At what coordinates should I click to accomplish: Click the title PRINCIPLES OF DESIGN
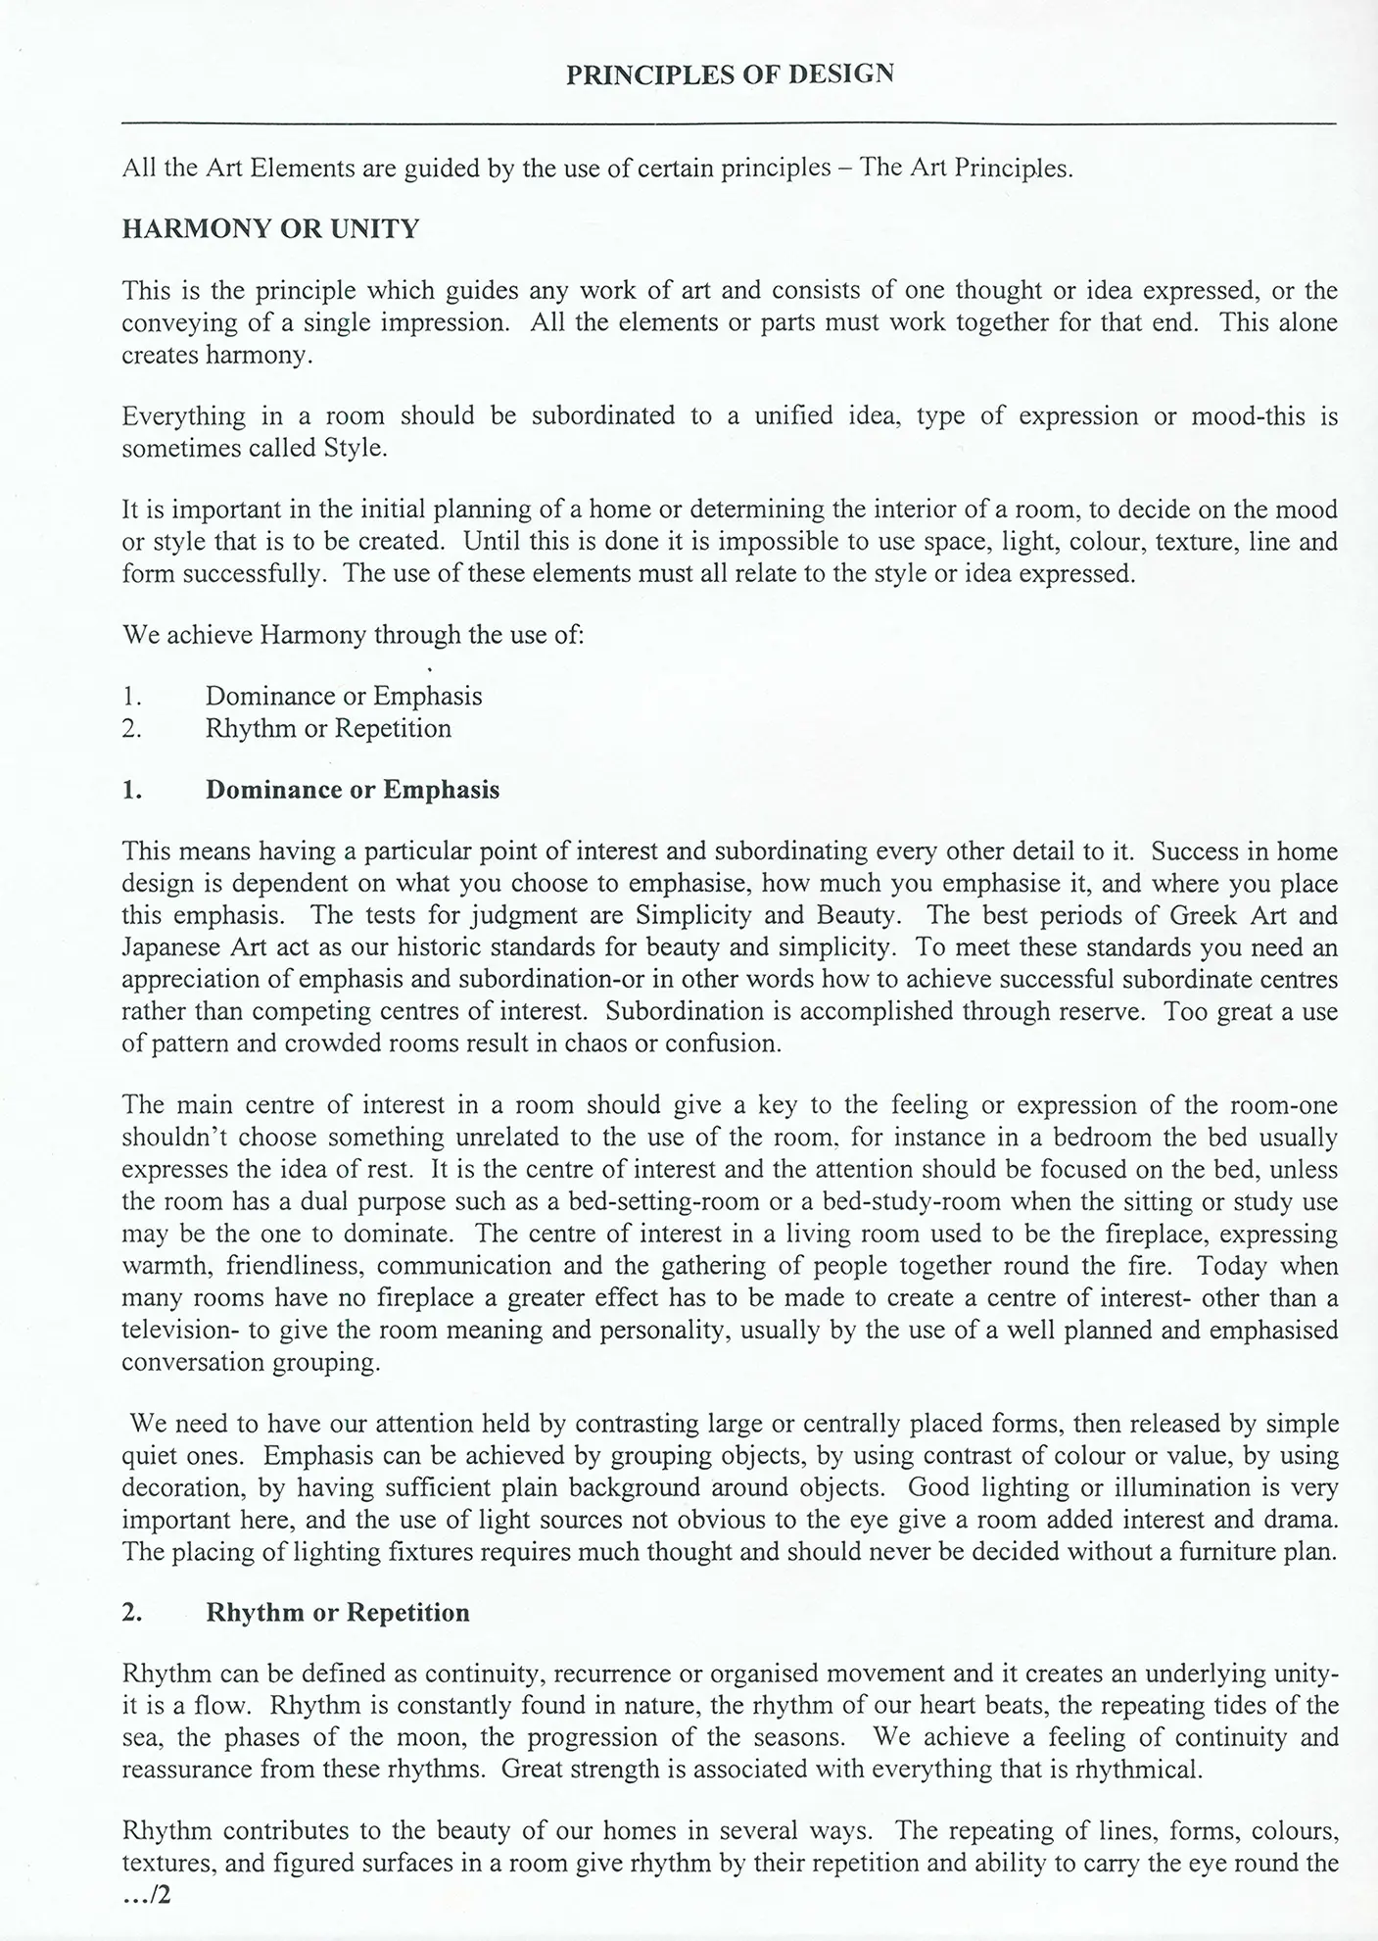[x=730, y=74]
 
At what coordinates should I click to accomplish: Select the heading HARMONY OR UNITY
[x=270, y=229]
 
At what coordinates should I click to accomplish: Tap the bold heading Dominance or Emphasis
[x=352, y=790]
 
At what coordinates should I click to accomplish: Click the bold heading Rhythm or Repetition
[x=337, y=1613]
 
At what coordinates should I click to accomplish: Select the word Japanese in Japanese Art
[x=170, y=947]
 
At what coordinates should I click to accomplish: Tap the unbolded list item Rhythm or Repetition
[x=328, y=729]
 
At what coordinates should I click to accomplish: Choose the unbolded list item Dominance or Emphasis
[x=343, y=697]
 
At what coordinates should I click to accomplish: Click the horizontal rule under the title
[x=729, y=123]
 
